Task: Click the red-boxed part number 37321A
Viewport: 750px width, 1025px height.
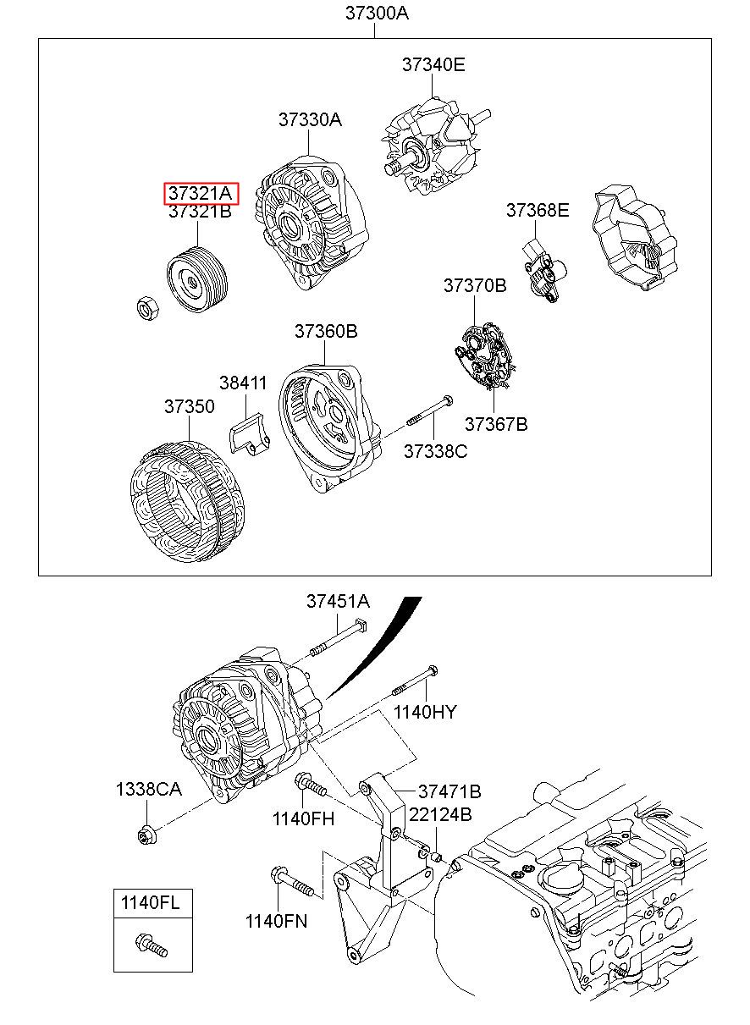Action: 201,193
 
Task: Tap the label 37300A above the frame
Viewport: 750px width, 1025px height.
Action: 377,13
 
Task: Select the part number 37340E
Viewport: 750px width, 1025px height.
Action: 433,64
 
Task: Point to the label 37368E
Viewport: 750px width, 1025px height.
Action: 538,211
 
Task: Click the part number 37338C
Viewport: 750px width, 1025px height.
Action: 434,451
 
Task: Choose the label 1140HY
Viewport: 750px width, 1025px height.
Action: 424,712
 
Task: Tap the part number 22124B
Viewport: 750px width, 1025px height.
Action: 440,815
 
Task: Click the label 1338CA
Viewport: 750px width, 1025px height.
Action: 148,790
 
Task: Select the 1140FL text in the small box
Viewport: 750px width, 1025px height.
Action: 150,902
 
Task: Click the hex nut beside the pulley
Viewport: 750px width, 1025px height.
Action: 149,308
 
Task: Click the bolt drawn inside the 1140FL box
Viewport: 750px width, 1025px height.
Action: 151,945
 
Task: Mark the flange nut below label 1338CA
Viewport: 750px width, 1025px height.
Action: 145,837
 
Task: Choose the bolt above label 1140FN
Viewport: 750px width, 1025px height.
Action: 291,882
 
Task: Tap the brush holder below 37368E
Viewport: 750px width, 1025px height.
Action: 543,273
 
